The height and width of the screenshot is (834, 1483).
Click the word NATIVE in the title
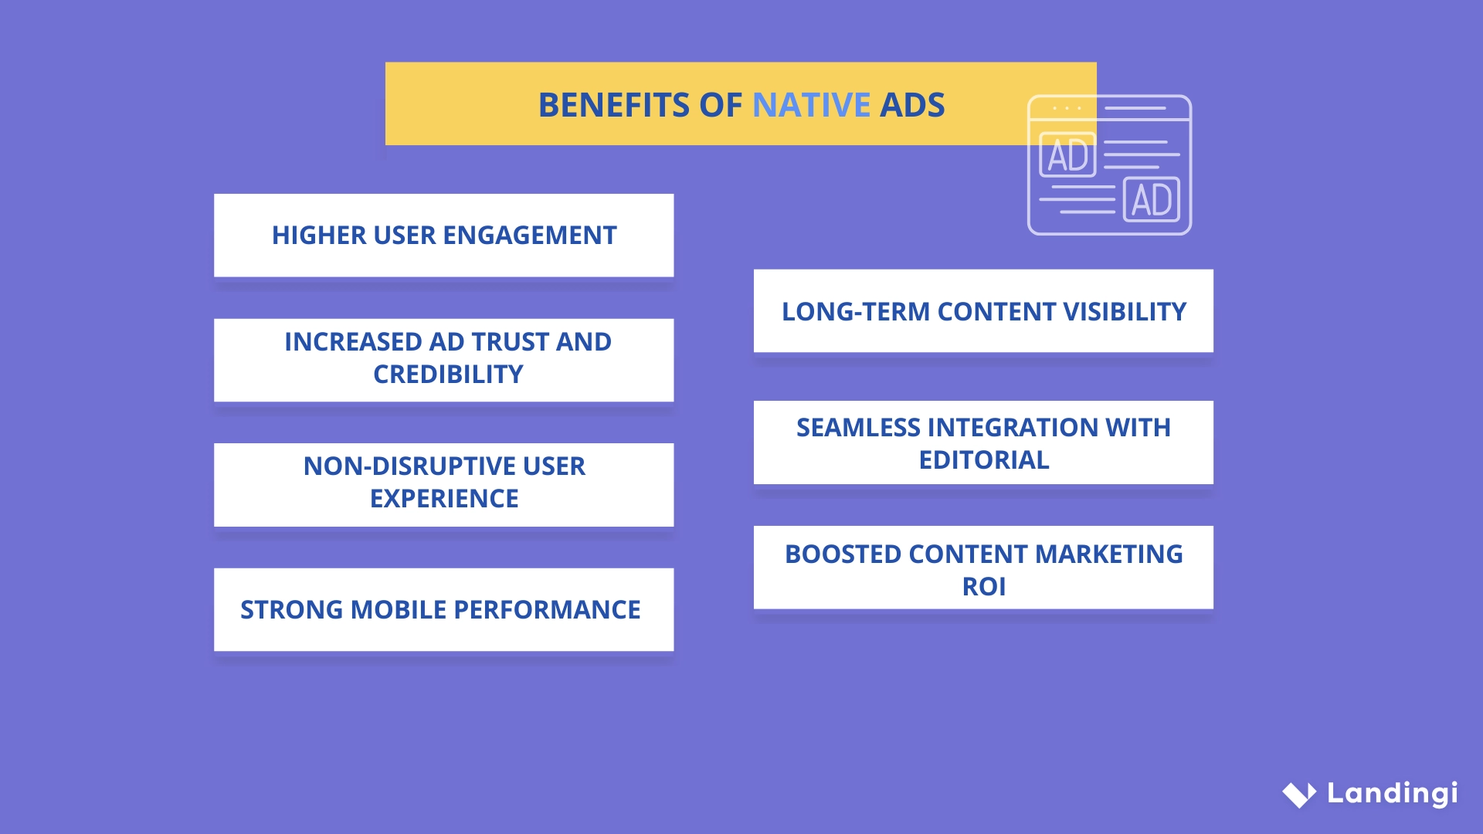coord(811,105)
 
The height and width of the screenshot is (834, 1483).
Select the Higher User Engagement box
coord(443,235)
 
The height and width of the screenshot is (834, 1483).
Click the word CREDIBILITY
coord(448,375)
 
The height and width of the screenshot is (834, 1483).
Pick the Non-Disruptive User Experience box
coord(443,484)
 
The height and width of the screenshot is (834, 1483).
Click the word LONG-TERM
coord(855,312)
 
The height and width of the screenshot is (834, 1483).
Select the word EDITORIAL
coord(983,460)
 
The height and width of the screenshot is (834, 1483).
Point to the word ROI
coord(983,587)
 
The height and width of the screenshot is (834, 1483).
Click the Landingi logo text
coord(1392,793)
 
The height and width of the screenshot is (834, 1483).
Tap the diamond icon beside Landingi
coord(1299,794)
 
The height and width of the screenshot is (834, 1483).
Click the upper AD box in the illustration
coord(1068,154)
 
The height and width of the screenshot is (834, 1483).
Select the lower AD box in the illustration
coord(1151,199)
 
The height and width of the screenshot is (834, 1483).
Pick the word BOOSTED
coord(843,554)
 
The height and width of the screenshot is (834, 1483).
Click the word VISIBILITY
coord(1124,312)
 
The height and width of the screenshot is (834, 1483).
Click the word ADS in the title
coord(912,105)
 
